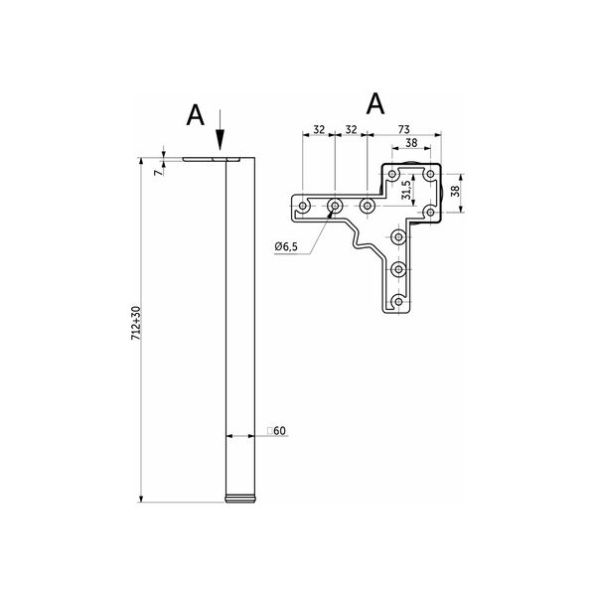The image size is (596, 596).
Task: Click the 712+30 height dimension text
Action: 136,323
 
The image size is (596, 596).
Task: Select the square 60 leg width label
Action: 276,431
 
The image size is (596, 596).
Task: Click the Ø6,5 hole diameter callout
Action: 286,246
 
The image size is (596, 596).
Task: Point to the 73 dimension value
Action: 403,129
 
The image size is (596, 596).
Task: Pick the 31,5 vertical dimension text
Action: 406,190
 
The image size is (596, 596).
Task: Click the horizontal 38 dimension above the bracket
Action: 411,143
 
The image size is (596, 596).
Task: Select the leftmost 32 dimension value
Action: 319,129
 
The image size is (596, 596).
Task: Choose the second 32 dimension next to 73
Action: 351,129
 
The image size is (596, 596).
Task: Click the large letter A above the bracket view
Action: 375,103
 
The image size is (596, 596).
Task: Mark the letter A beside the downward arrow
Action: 196,115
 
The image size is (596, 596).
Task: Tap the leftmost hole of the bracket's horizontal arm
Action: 303,206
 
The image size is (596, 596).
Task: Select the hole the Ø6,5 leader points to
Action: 335,206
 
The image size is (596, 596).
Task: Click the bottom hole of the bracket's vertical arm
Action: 398,301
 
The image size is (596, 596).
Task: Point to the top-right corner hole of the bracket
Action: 430,174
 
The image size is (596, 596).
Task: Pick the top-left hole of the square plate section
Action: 392,174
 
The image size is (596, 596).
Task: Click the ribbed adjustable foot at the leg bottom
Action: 239,499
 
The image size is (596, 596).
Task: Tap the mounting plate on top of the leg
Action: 212,159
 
